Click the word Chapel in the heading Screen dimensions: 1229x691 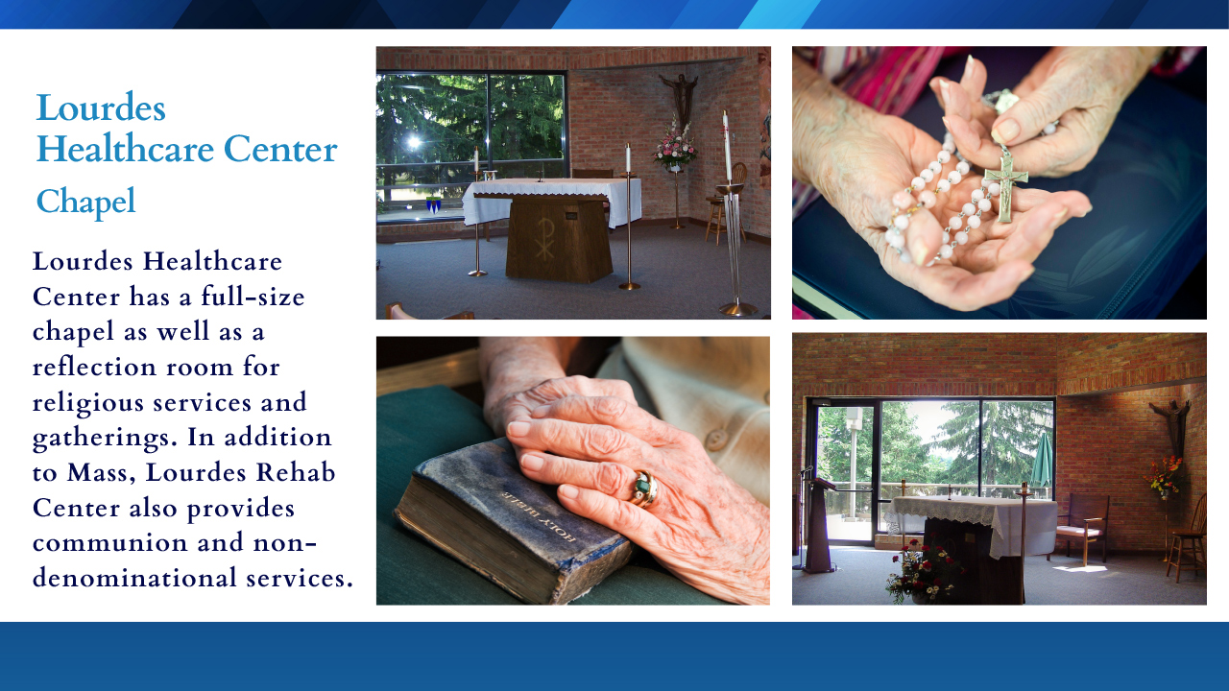click(85, 202)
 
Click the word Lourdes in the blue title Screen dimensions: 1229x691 click(101, 107)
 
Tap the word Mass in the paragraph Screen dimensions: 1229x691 click(101, 473)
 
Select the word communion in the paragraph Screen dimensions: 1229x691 click(109, 543)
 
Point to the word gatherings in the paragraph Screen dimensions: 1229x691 click(106, 439)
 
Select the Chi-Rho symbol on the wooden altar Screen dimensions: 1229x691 click(544, 239)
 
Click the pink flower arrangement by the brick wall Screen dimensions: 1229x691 click(675, 144)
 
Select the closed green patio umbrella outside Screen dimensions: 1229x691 click(1042, 460)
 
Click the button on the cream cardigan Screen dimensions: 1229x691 click(715, 440)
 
